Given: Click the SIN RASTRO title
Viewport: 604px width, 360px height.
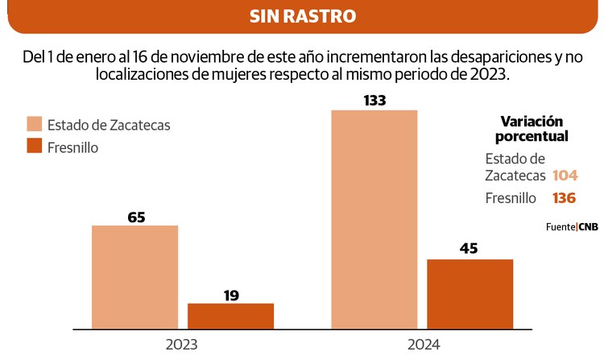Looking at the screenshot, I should point(302,16).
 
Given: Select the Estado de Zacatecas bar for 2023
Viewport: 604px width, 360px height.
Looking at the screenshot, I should point(134,277).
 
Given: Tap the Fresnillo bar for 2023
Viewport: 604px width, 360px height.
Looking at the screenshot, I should point(230,316).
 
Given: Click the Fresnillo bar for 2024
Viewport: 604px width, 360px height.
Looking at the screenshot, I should point(470,294).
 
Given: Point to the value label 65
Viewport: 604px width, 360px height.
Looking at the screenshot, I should point(135,217).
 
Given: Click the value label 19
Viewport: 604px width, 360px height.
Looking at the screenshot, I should point(231,295).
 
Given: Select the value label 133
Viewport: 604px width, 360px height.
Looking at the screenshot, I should point(375,101).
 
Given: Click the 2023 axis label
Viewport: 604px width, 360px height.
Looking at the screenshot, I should point(183,344).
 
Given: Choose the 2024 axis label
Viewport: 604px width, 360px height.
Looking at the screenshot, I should point(422,344).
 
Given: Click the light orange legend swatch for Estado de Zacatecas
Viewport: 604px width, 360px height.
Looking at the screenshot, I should point(34,124).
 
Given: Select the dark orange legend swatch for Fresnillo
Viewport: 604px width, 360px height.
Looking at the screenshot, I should point(34,146).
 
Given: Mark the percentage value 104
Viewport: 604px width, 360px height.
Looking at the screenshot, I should point(565,176).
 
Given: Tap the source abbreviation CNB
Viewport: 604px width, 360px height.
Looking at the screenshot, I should point(589,227).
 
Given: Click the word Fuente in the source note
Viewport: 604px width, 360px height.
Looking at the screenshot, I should point(560,227).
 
